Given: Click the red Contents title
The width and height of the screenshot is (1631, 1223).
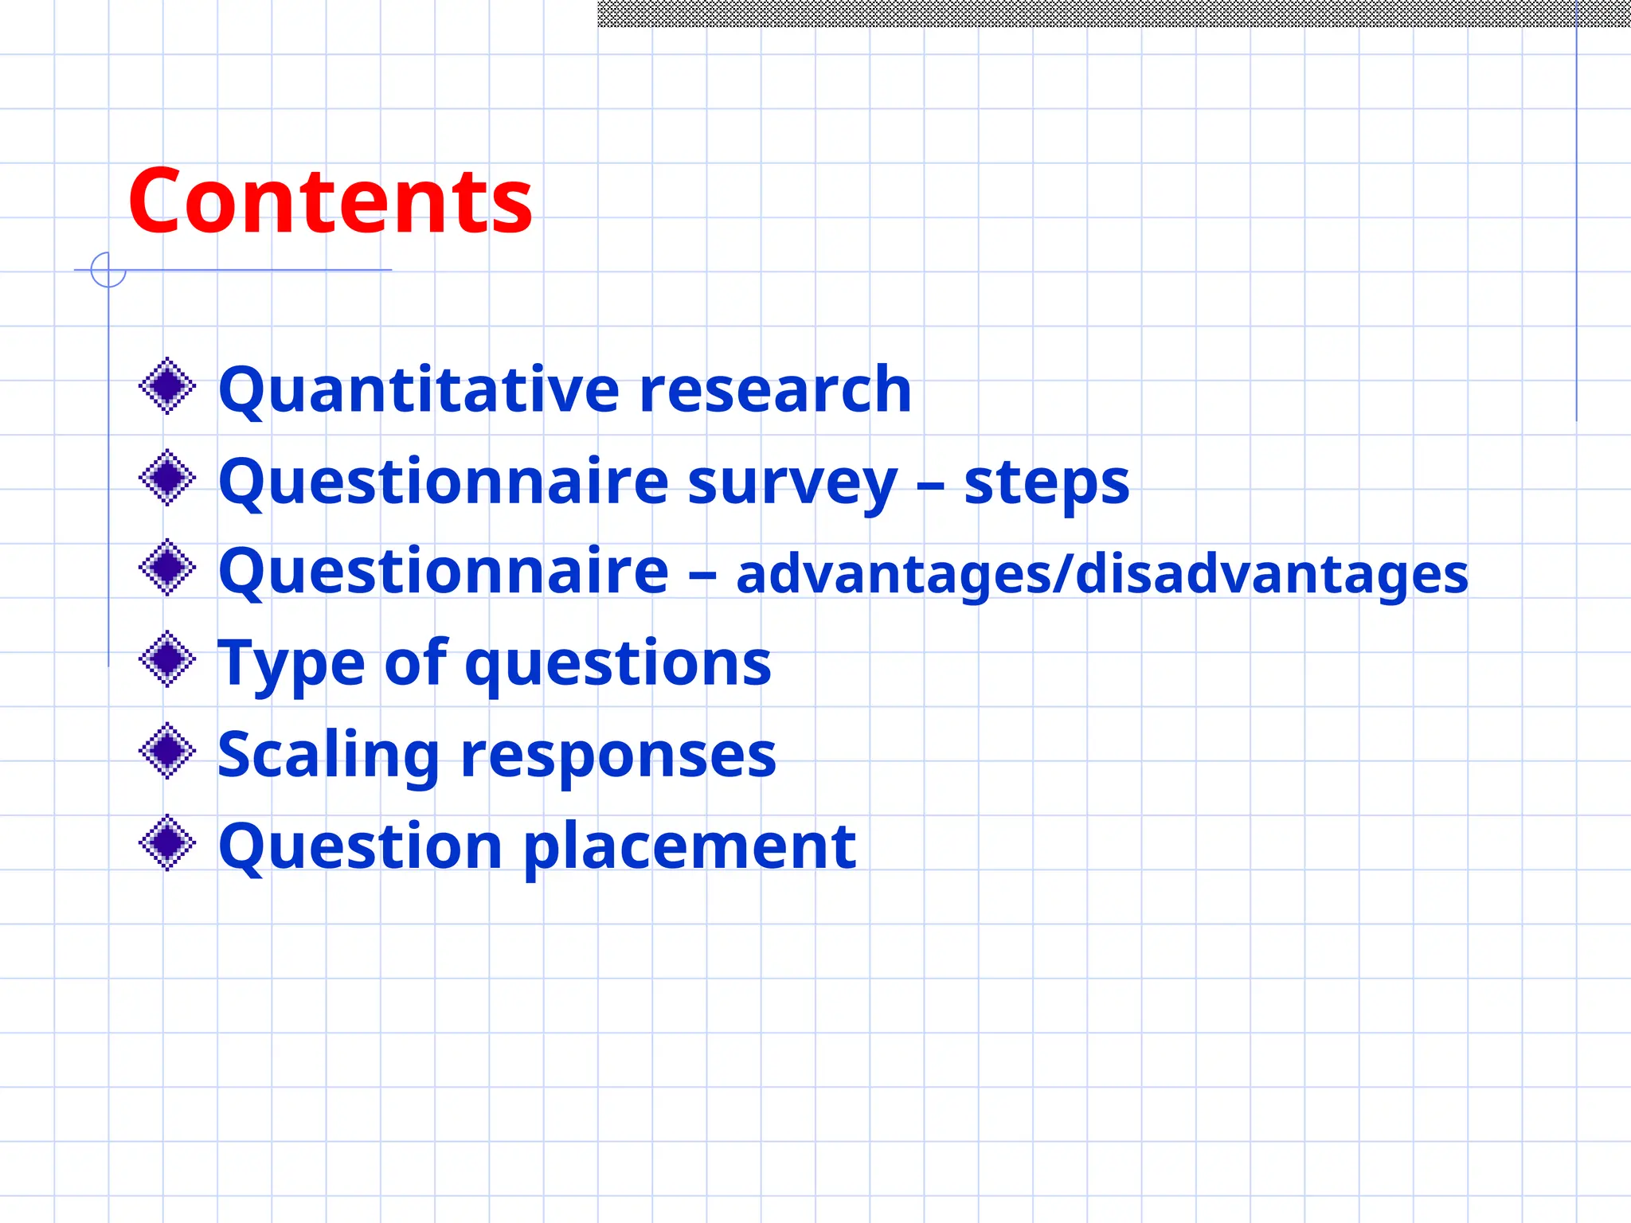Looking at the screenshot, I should point(330,201).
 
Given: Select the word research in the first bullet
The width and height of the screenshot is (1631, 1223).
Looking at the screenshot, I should point(775,390).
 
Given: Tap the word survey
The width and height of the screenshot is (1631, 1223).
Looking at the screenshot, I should point(792,483).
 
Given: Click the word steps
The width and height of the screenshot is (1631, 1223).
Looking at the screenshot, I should point(1046,483).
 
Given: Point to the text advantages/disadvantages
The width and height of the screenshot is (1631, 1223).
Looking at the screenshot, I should point(1101,574).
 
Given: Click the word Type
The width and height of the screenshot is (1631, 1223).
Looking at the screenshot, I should point(290,663).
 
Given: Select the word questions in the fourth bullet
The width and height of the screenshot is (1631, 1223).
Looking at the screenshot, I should point(618,663).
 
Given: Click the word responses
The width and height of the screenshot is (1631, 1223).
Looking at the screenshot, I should point(618,755).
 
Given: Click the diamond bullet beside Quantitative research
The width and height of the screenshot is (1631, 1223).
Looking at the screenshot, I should point(167,386).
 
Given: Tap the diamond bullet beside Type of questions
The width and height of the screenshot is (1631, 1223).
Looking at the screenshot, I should point(167,659).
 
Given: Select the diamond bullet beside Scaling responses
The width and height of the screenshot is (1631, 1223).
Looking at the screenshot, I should point(167,751).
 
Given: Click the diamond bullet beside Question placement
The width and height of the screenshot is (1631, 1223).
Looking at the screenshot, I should point(167,842).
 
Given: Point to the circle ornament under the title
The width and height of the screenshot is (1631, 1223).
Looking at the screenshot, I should point(108,270).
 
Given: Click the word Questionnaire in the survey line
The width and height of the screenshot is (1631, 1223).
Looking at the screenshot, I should point(443,483).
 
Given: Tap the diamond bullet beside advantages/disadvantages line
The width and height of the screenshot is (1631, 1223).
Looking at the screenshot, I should point(167,568).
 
